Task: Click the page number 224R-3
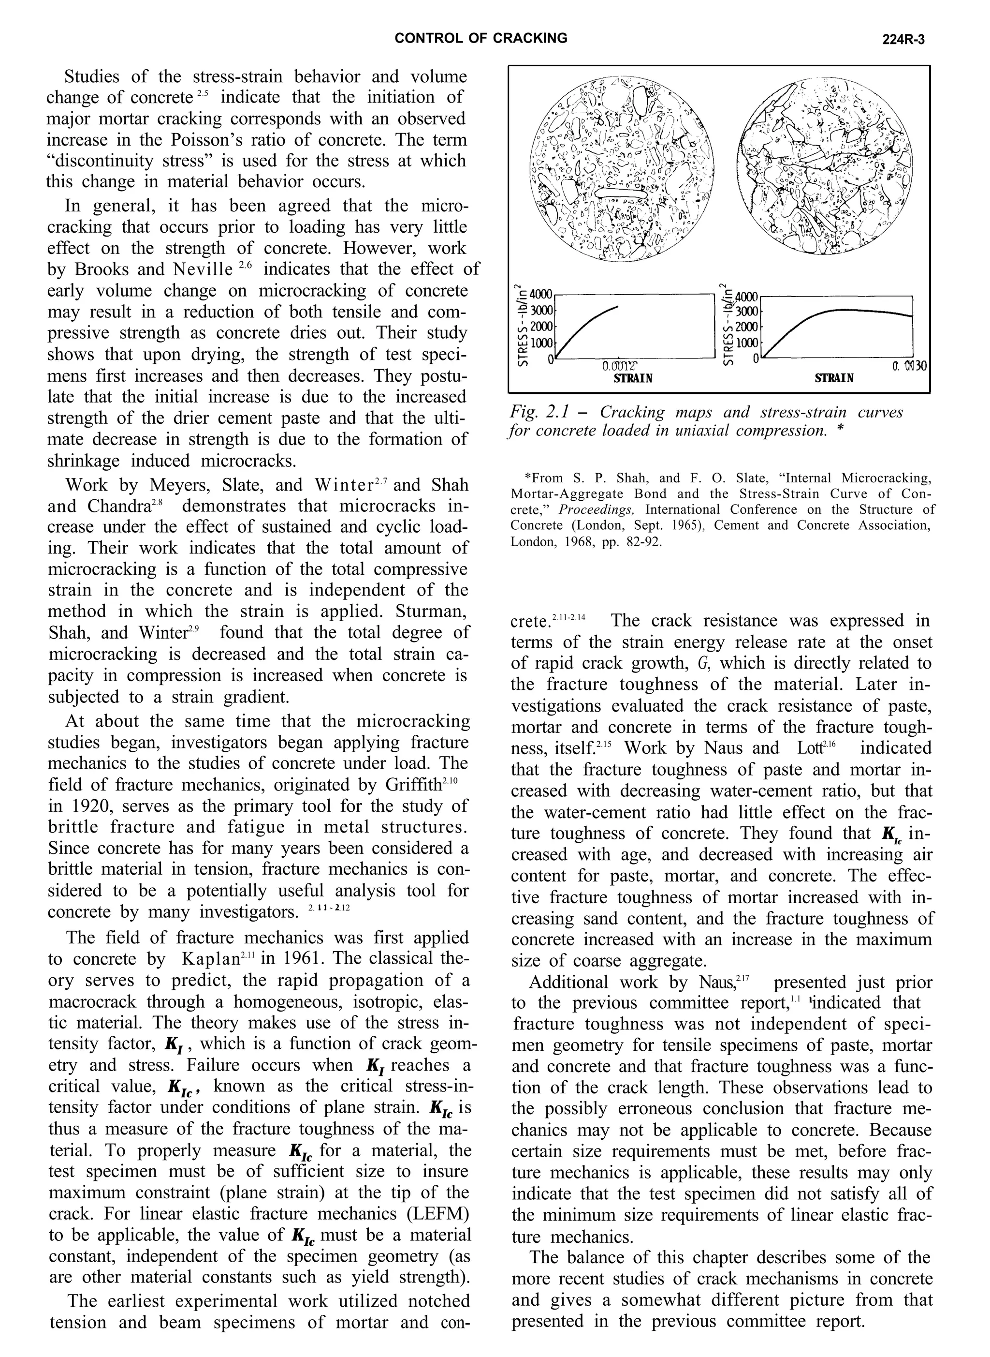pyautogui.click(x=903, y=40)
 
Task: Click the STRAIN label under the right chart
pyautogui.click(x=834, y=378)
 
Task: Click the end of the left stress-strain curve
pyautogui.click(x=618, y=306)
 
